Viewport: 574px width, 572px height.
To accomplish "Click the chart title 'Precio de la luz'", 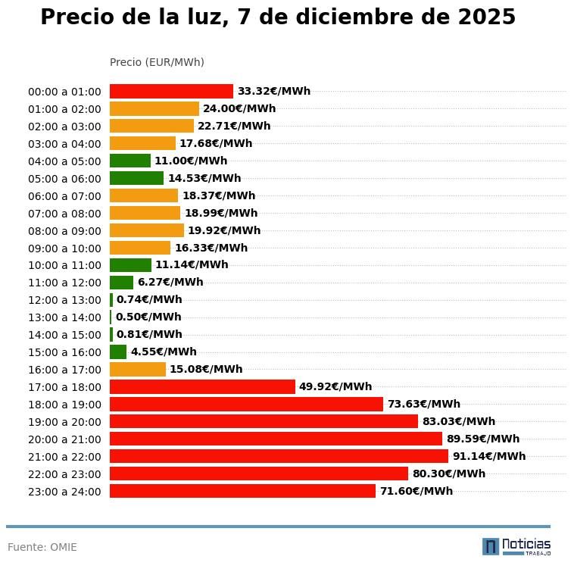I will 277,17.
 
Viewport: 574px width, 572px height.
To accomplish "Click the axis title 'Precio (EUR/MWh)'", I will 157,62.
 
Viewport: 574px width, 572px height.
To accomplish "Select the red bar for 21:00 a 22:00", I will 279,456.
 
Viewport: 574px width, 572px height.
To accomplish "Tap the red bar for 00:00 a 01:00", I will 171,91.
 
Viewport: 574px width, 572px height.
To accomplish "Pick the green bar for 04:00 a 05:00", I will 130,161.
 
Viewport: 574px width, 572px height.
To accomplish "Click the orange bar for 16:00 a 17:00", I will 138,369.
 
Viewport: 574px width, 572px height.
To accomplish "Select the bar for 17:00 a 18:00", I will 202,386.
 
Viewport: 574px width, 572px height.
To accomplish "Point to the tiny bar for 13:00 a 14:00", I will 111,317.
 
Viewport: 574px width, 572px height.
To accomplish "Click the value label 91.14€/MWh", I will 488,456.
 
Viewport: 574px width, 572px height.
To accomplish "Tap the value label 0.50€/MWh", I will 148,317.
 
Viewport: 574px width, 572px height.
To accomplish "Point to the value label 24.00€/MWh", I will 239,108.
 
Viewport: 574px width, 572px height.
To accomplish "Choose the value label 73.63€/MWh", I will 423,404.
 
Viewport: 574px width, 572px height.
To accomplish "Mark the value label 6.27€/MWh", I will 170,282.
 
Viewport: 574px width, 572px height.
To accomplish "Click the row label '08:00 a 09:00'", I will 64,231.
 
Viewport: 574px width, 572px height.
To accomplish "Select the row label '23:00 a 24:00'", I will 64,492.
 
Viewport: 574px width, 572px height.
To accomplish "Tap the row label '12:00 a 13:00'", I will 64,300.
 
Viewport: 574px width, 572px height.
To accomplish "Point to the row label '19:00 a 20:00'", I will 64,422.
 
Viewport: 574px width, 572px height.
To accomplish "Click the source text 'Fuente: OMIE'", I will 42,547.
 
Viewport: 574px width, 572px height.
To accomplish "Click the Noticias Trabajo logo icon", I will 491,546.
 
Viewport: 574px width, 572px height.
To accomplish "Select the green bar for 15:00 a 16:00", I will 118,352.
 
